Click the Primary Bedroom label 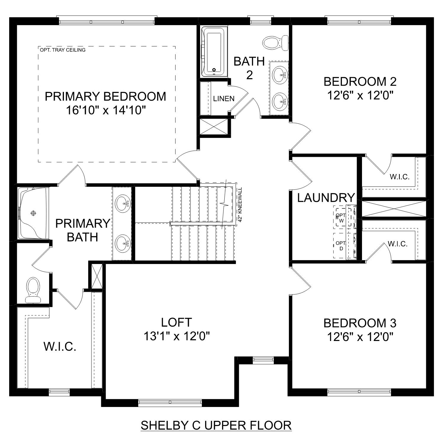(x=105, y=97)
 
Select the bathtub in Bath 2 (x=214, y=52)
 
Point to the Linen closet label (x=224, y=99)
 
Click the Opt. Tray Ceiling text (x=62, y=50)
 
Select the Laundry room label (x=326, y=198)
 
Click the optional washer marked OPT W (x=341, y=218)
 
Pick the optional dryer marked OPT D (x=340, y=246)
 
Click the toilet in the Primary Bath (x=33, y=290)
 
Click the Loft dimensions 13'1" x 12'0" (x=177, y=336)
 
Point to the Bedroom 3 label (x=360, y=323)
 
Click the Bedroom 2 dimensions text (x=360, y=95)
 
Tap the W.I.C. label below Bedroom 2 (x=399, y=177)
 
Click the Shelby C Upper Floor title (x=216, y=425)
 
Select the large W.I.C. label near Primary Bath (x=60, y=346)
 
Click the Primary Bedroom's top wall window (x=107, y=22)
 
